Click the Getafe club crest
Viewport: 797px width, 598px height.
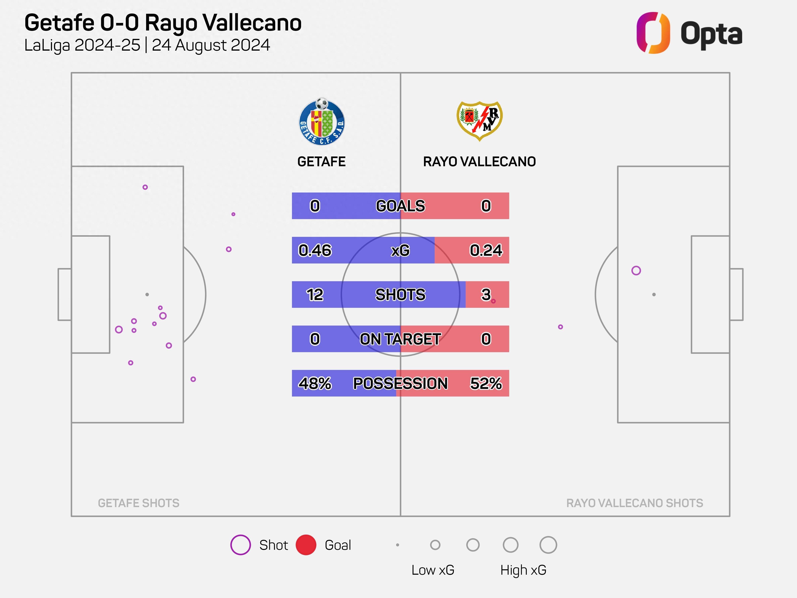[x=322, y=122]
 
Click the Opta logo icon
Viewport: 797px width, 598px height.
[x=653, y=33]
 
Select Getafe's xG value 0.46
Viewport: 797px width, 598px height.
[x=315, y=250]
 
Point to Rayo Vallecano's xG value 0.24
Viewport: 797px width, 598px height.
[x=486, y=250]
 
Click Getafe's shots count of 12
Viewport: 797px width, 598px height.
[x=315, y=294]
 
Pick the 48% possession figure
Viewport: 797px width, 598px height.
[x=315, y=383]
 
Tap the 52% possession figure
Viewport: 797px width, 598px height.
[x=486, y=383]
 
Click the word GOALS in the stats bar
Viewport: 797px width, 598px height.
[x=400, y=206]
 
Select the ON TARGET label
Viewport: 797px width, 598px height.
[x=400, y=339]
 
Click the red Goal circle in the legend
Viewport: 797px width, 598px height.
[x=306, y=545]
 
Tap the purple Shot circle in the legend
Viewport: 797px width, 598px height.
[x=240, y=545]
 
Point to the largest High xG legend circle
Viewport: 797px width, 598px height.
[x=548, y=545]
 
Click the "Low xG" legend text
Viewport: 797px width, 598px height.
[x=433, y=570]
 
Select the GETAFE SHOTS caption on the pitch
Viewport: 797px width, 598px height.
[x=139, y=503]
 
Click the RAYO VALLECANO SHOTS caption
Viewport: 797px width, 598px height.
[x=634, y=503]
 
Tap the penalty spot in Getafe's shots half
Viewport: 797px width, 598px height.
[x=147, y=294]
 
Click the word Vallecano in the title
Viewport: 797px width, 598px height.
[x=252, y=23]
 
